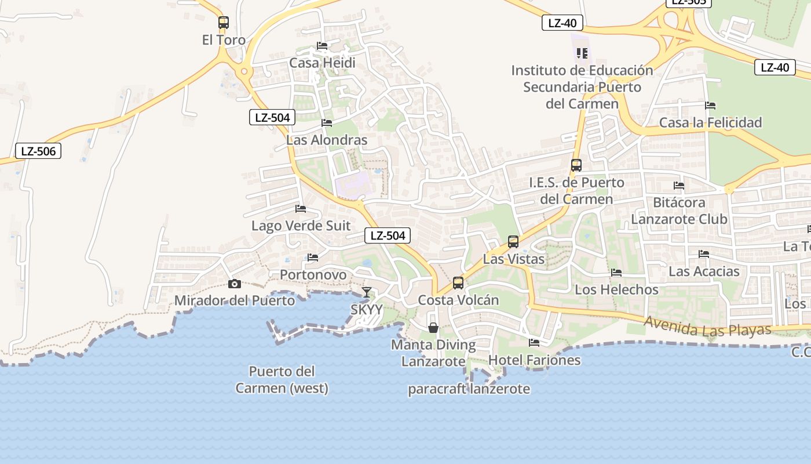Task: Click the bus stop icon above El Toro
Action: pyautogui.click(x=224, y=23)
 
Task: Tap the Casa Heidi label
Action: pyautogui.click(x=322, y=63)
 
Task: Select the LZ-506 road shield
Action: pyautogui.click(x=38, y=151)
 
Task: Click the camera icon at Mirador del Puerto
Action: pyautogui.click(x=235, y=284)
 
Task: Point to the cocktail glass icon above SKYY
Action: pyautogui.click(x=366, y=292)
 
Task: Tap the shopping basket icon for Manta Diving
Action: pyautogui.click(x=433, y=328)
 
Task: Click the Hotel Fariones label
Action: pyautogui.click(x=534, y=360)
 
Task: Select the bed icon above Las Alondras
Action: pyautogui.click(x=327, y=123)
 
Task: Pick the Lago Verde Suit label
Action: pyautogui.click(x=301, y=226)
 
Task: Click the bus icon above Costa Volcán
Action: pyautogui.click(x=458, y=283)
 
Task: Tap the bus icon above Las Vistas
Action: pyautogui.click(x=513, y=242)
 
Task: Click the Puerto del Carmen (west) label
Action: pyautogui.click(x=282, y=380)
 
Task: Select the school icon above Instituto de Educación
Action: pyautogui.click(x=582, y=53)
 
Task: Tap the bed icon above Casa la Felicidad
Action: pyautogui.click(x=710, y=106)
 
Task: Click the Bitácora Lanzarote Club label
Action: pyautogui.click(x=679, y=211)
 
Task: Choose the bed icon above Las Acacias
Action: pyautogui.click(x=704, y=254)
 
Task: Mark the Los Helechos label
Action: pyautogui.click(x=616, y=289)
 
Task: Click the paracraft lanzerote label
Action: pyautogui.click(x=469, y=389)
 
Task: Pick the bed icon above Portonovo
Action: pyautogui.click(x=313, y=258)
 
